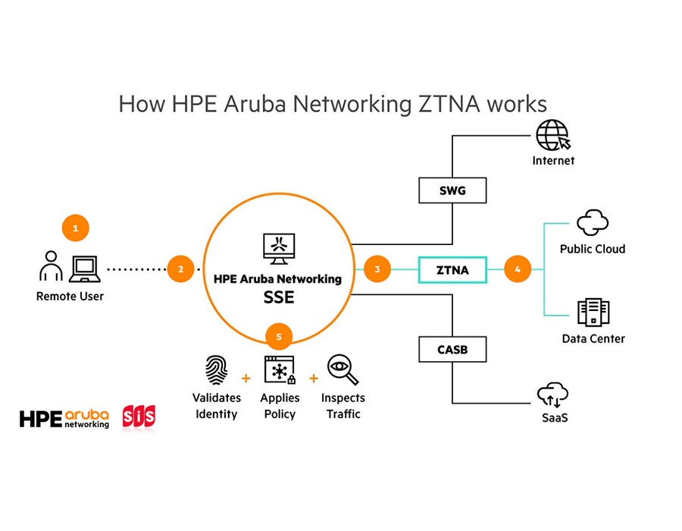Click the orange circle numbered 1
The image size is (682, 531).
tap(75, 227)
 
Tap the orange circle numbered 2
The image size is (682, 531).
tap(180, 269)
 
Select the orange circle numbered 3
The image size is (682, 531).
tap(377, 269)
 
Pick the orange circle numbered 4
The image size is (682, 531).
tap(518, 269)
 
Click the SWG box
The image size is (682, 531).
tap(452, 190)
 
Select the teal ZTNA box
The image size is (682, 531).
tap(452, 269)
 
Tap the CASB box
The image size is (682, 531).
tap(452, 350)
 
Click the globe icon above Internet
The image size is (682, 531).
tap(552, 137)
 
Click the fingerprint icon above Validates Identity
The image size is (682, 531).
tap(216, 371)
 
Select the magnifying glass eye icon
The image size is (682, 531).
tap(343, 370)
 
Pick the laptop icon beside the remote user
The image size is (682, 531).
tap(84, 268)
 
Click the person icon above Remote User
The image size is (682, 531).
tap(51, 266)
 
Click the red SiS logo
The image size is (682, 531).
tap(139, 418)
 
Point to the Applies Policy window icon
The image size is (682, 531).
tap(279, 369)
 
